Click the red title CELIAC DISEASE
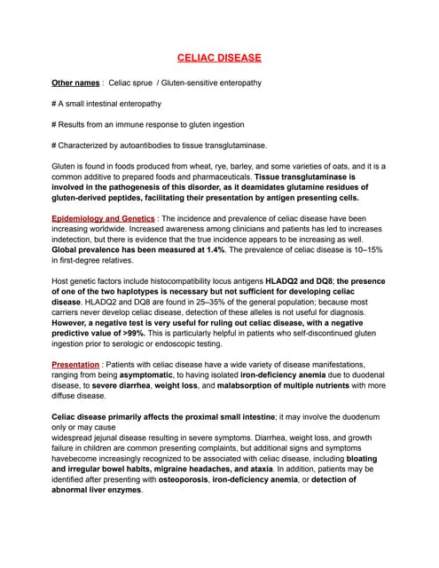pyautogui.click(x=219, y=59)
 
